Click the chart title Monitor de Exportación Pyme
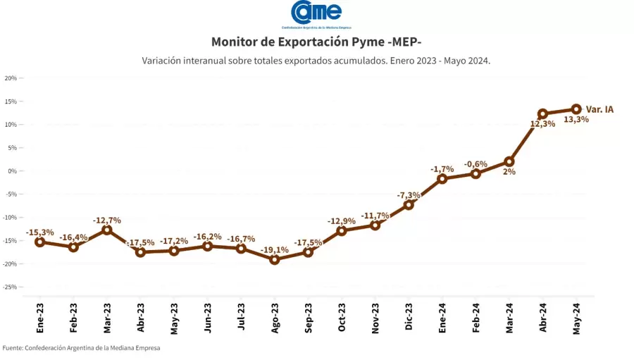pos(316,42)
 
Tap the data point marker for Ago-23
pos(275,259)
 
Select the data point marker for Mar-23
pos(107,230)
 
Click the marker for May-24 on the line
pos(576,109)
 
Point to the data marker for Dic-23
pos(409,205)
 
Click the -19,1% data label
pos(275,249)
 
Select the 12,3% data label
pos(542,124)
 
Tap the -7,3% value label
pos(409,195)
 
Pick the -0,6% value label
pos(475,164)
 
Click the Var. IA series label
pos(599,109)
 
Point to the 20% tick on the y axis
pos(11,78)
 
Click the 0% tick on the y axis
pos(13,171)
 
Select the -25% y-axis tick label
pos(10,287)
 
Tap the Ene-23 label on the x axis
pos(40,318)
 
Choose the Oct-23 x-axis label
pos(342,318)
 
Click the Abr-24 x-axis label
pos(542,318)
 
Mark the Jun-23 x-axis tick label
pos(208,318)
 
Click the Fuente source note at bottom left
pos(80,348)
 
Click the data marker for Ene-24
pos(442,179)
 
